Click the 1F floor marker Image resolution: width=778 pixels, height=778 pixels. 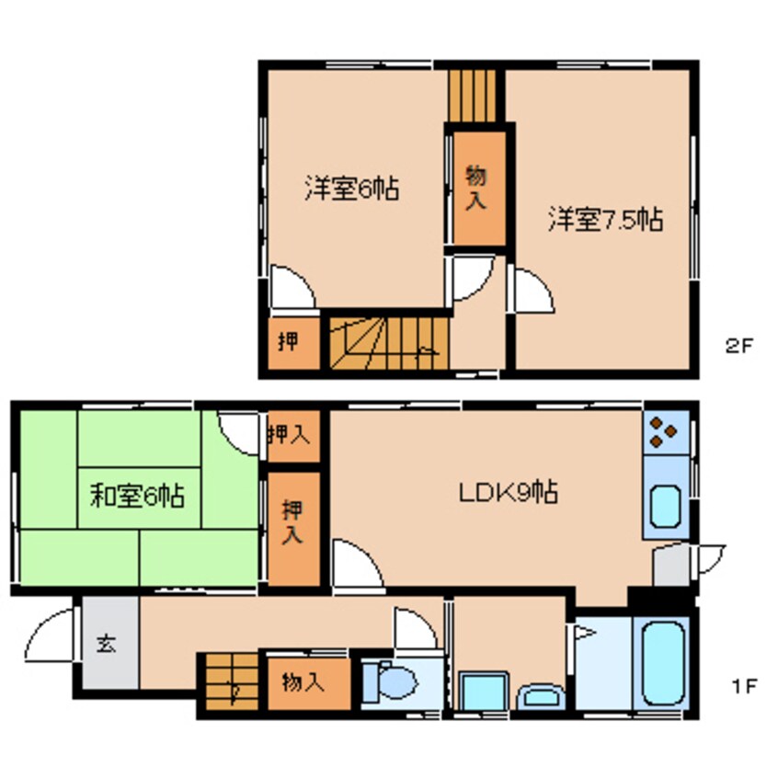(744, 685)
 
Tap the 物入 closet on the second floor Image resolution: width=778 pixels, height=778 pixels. (475, 189)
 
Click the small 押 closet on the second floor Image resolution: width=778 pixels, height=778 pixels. (289, 342)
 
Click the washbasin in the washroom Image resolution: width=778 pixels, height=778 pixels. (543, 696)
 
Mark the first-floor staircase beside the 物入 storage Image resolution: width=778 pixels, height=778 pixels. (230, 682)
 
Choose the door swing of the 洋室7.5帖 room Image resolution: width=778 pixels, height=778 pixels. (532, 292)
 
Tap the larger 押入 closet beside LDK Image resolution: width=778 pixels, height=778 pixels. (292, 528)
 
